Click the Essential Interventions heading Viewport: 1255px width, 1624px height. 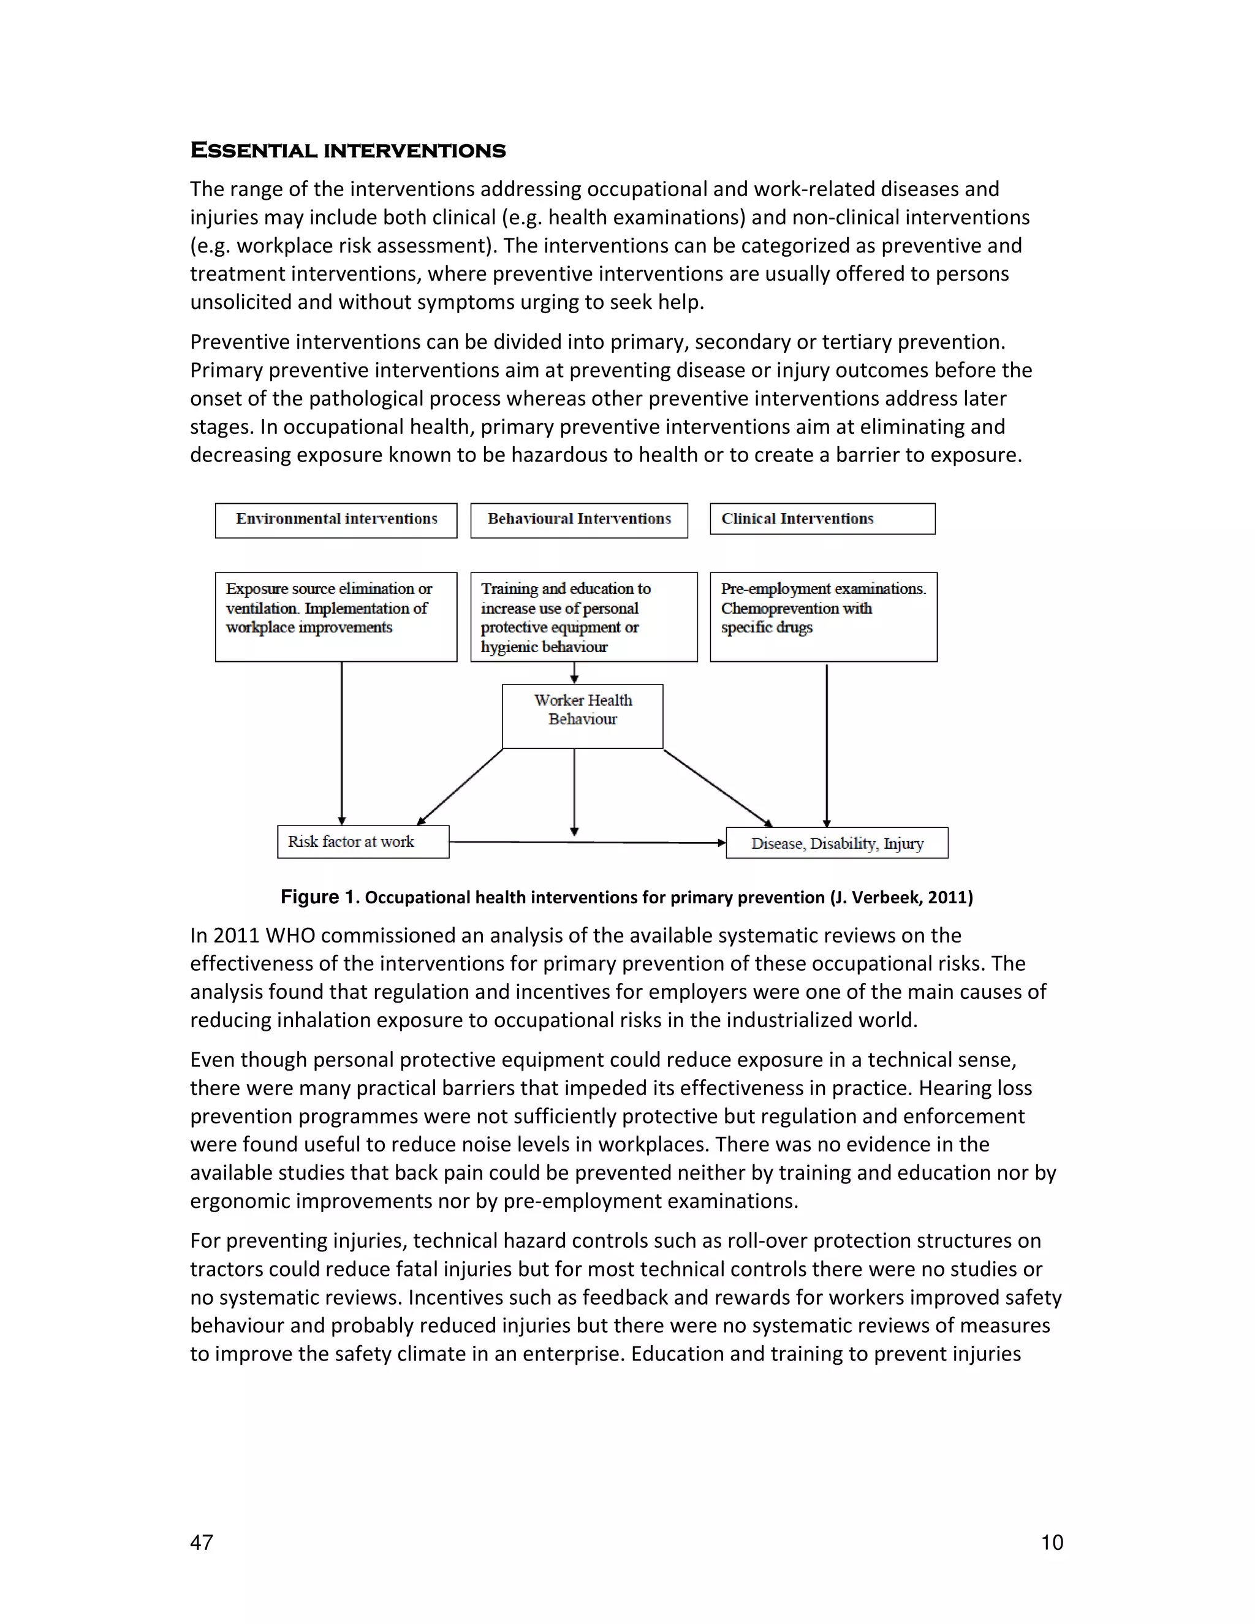coord(347,150)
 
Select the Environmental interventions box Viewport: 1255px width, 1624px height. coord(336,519)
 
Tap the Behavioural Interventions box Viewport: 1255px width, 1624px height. coord(578,519)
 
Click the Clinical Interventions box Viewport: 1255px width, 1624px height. coord(822,518)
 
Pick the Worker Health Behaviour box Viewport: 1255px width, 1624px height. coord(582,715)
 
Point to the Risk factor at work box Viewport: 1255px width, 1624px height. coord(363,842)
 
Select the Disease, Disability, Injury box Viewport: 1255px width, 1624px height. coord(836,843)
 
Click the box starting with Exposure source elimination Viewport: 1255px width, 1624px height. coord(336,616)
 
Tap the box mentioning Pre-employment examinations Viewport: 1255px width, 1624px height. coord(823,616)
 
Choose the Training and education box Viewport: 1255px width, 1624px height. coord(583,616)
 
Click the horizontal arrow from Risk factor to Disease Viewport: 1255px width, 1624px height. coord(587,843)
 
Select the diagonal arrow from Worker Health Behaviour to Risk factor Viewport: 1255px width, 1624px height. coord(461,786)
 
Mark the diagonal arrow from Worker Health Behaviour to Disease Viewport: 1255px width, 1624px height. coord(718,787)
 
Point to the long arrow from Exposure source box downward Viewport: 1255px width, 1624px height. coord(342,743)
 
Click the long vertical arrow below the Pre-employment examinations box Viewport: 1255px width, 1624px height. coord(827,743)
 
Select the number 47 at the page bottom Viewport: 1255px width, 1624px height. coord(202,1542)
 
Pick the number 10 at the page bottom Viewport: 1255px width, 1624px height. coord(1052,1542)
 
